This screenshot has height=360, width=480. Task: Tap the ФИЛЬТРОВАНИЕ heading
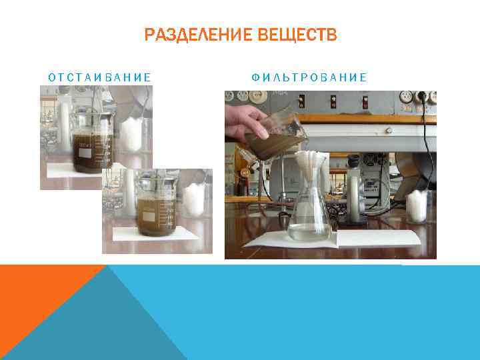tap(309, 77)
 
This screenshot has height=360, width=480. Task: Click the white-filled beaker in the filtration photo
tap(417, 206)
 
